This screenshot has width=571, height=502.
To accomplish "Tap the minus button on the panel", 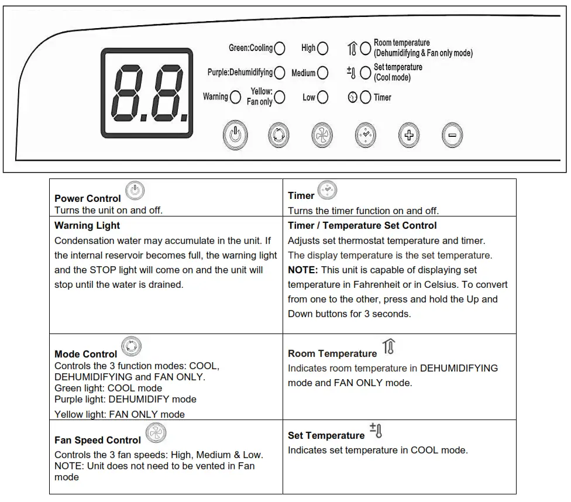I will pyautogui.click(x=452, y=136).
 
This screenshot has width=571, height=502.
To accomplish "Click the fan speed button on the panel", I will pyautogui.click(x=321, y=136).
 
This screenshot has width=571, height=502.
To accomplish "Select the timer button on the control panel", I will pyautogui.click(x=366, y=136).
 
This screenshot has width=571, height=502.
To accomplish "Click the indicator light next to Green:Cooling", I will pyautogui.click(x=280, y=48).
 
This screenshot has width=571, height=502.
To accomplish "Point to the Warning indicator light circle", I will pyautogui.click(x=235, y=97).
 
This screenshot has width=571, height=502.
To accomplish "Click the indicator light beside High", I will pyautogui.click(x=322, y=48).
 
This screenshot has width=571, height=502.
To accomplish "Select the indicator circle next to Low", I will pyautogui.click(x=322, y=97).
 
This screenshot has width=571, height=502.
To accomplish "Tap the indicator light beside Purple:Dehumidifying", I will pyautogui.click(x=280, y=73).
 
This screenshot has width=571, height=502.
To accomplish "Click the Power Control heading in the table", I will pyautogui.click(x=87, y=198).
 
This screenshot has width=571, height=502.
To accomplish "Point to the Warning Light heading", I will pyautogui.click(x=87, y=225).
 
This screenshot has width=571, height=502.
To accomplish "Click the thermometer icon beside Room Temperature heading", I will pyautogui.click(x=388, y=348).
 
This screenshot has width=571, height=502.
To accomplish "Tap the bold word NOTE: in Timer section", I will pyautogui.click(x=302, y=270).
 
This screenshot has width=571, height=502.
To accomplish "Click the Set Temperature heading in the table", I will pyautogui.click(x=326, y=435).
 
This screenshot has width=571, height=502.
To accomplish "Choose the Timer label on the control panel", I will pyautogui.click(x=383, y=98).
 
